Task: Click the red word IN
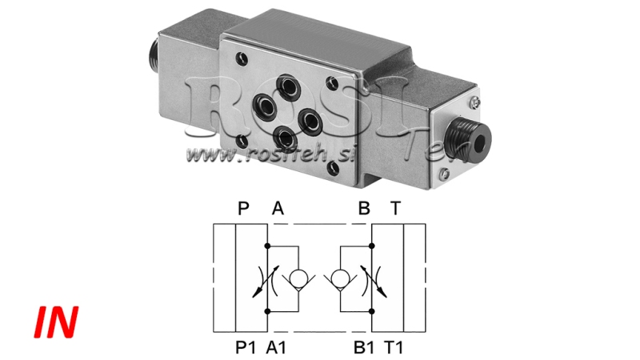[x=56, y=320]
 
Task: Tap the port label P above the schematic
[x=244, y=210]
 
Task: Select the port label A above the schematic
[x=278, y=210]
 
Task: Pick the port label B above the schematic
[x=364, y=210]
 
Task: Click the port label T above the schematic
[x=395, y=210]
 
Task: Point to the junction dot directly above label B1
[x=373, y=312]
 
